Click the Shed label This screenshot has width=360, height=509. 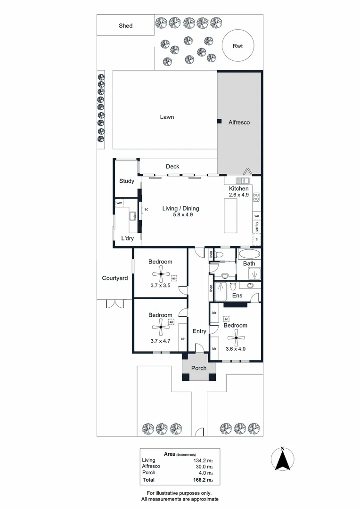(125, 26)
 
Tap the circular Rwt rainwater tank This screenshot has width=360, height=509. (238, 46)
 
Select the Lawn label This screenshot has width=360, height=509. (167, 117)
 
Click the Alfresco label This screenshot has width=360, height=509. (239, 122)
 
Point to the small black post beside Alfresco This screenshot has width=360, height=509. (220, 121)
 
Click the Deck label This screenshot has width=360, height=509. (172, 166)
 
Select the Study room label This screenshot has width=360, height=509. (126, 181)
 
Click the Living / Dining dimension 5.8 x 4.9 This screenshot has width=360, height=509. (181, 214)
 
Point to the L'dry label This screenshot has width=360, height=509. (128, 238)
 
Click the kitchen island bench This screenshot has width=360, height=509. (230, 216)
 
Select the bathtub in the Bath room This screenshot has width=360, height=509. (249, 255)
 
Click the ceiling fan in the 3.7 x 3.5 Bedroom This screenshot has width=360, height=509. (160, 274)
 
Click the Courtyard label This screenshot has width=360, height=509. (115, 278)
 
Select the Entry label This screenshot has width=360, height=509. (199, 331)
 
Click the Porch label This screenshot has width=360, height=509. (199, 368)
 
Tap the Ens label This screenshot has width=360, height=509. (237, 296)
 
